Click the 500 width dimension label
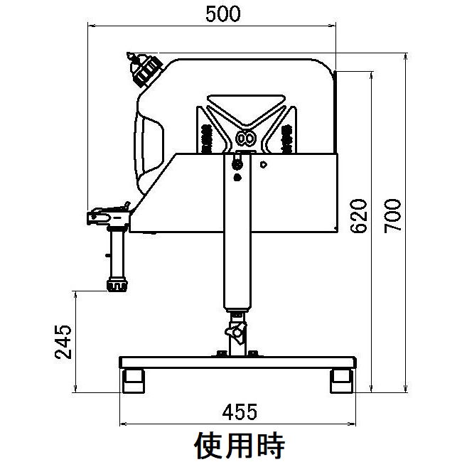point(223,14)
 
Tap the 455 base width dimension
point(240,412)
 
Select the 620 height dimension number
point(359,216)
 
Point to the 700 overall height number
point(392,216)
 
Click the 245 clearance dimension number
point(63,342)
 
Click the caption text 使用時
point(240,445)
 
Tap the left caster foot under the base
point(134,381)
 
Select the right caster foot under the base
point(342,381)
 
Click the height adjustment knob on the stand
point(236,332)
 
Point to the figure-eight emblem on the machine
point(245,138)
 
